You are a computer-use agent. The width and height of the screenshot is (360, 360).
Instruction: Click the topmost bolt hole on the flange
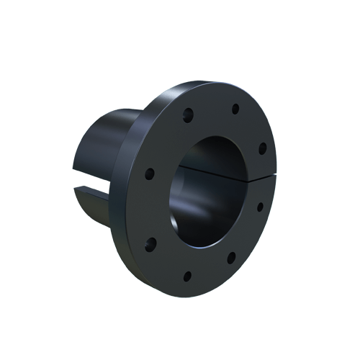pos(235,109)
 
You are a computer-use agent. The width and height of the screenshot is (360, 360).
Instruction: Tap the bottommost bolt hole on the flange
pos(187,275)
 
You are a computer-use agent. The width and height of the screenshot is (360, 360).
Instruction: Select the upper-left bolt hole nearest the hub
pos(189,113)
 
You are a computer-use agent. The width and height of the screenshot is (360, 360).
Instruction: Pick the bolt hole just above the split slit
pos(263,148)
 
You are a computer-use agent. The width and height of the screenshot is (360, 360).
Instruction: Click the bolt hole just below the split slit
pos(261,206)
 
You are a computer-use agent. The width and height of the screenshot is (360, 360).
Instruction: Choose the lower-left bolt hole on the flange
pos(150,242)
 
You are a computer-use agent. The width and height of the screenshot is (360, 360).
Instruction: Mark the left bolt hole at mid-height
pos(150,174)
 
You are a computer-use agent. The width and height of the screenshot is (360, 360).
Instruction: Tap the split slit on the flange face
pos(260,177)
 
